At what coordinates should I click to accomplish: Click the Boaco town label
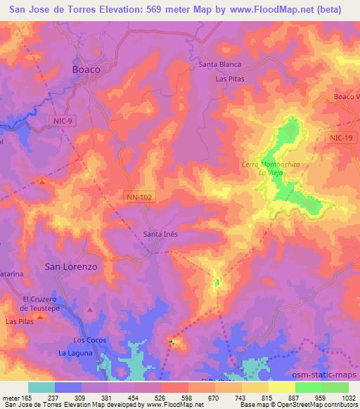tap(86, 70)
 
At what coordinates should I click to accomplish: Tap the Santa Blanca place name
tap(220, 65)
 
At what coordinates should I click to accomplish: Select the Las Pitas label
tap(229, 79)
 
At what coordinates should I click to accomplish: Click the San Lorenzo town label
tap(70, 267)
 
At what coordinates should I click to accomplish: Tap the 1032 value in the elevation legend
tap(348, 397)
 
